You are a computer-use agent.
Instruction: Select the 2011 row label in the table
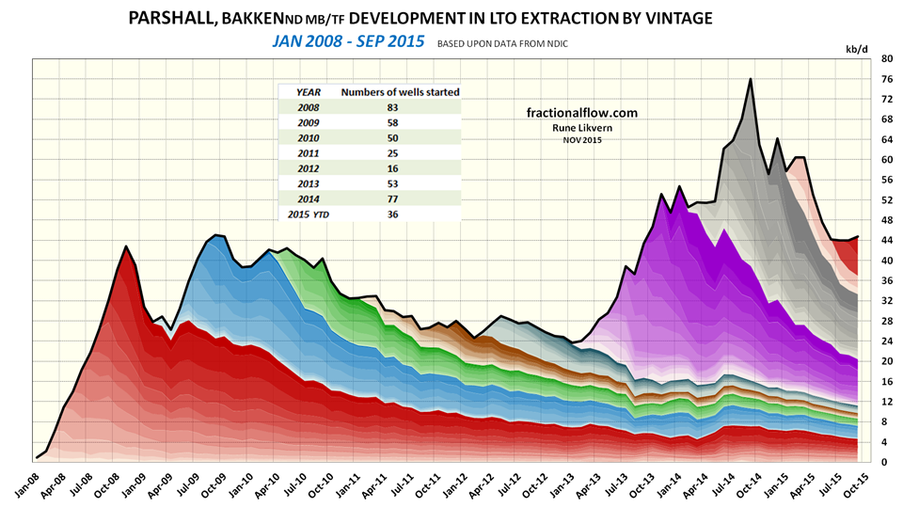(309, 153)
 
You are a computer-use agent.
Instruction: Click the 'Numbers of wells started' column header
(400, 92)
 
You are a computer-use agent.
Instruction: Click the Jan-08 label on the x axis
(24, 484)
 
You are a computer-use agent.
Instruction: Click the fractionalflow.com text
(581, 113)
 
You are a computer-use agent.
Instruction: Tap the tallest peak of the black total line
(750, 79)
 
